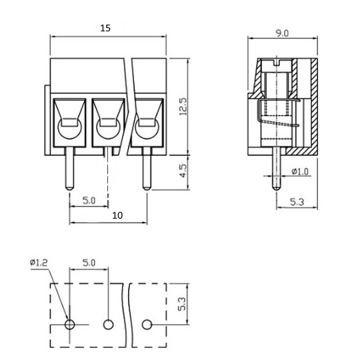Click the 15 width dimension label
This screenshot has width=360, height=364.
105,28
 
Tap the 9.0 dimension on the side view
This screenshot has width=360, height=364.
282,33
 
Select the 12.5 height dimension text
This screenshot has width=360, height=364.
183,107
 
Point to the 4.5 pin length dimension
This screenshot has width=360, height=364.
183,171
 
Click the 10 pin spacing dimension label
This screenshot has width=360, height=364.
117,215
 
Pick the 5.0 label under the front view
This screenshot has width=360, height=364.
89,201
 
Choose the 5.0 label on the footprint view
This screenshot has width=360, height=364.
89,263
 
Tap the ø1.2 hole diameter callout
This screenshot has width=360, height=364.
39,263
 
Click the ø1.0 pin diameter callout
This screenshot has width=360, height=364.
300,171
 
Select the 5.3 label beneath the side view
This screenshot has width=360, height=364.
297,202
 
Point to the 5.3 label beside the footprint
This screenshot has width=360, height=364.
182,304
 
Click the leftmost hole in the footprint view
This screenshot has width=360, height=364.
69,324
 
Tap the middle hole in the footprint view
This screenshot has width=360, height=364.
108,324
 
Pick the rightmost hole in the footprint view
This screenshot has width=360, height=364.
147,324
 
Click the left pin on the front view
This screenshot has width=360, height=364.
69,169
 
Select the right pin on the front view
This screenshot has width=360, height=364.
147,169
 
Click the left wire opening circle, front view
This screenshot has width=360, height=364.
69,129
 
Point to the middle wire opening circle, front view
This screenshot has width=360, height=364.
108,129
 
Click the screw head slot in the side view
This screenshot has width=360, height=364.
276,63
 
